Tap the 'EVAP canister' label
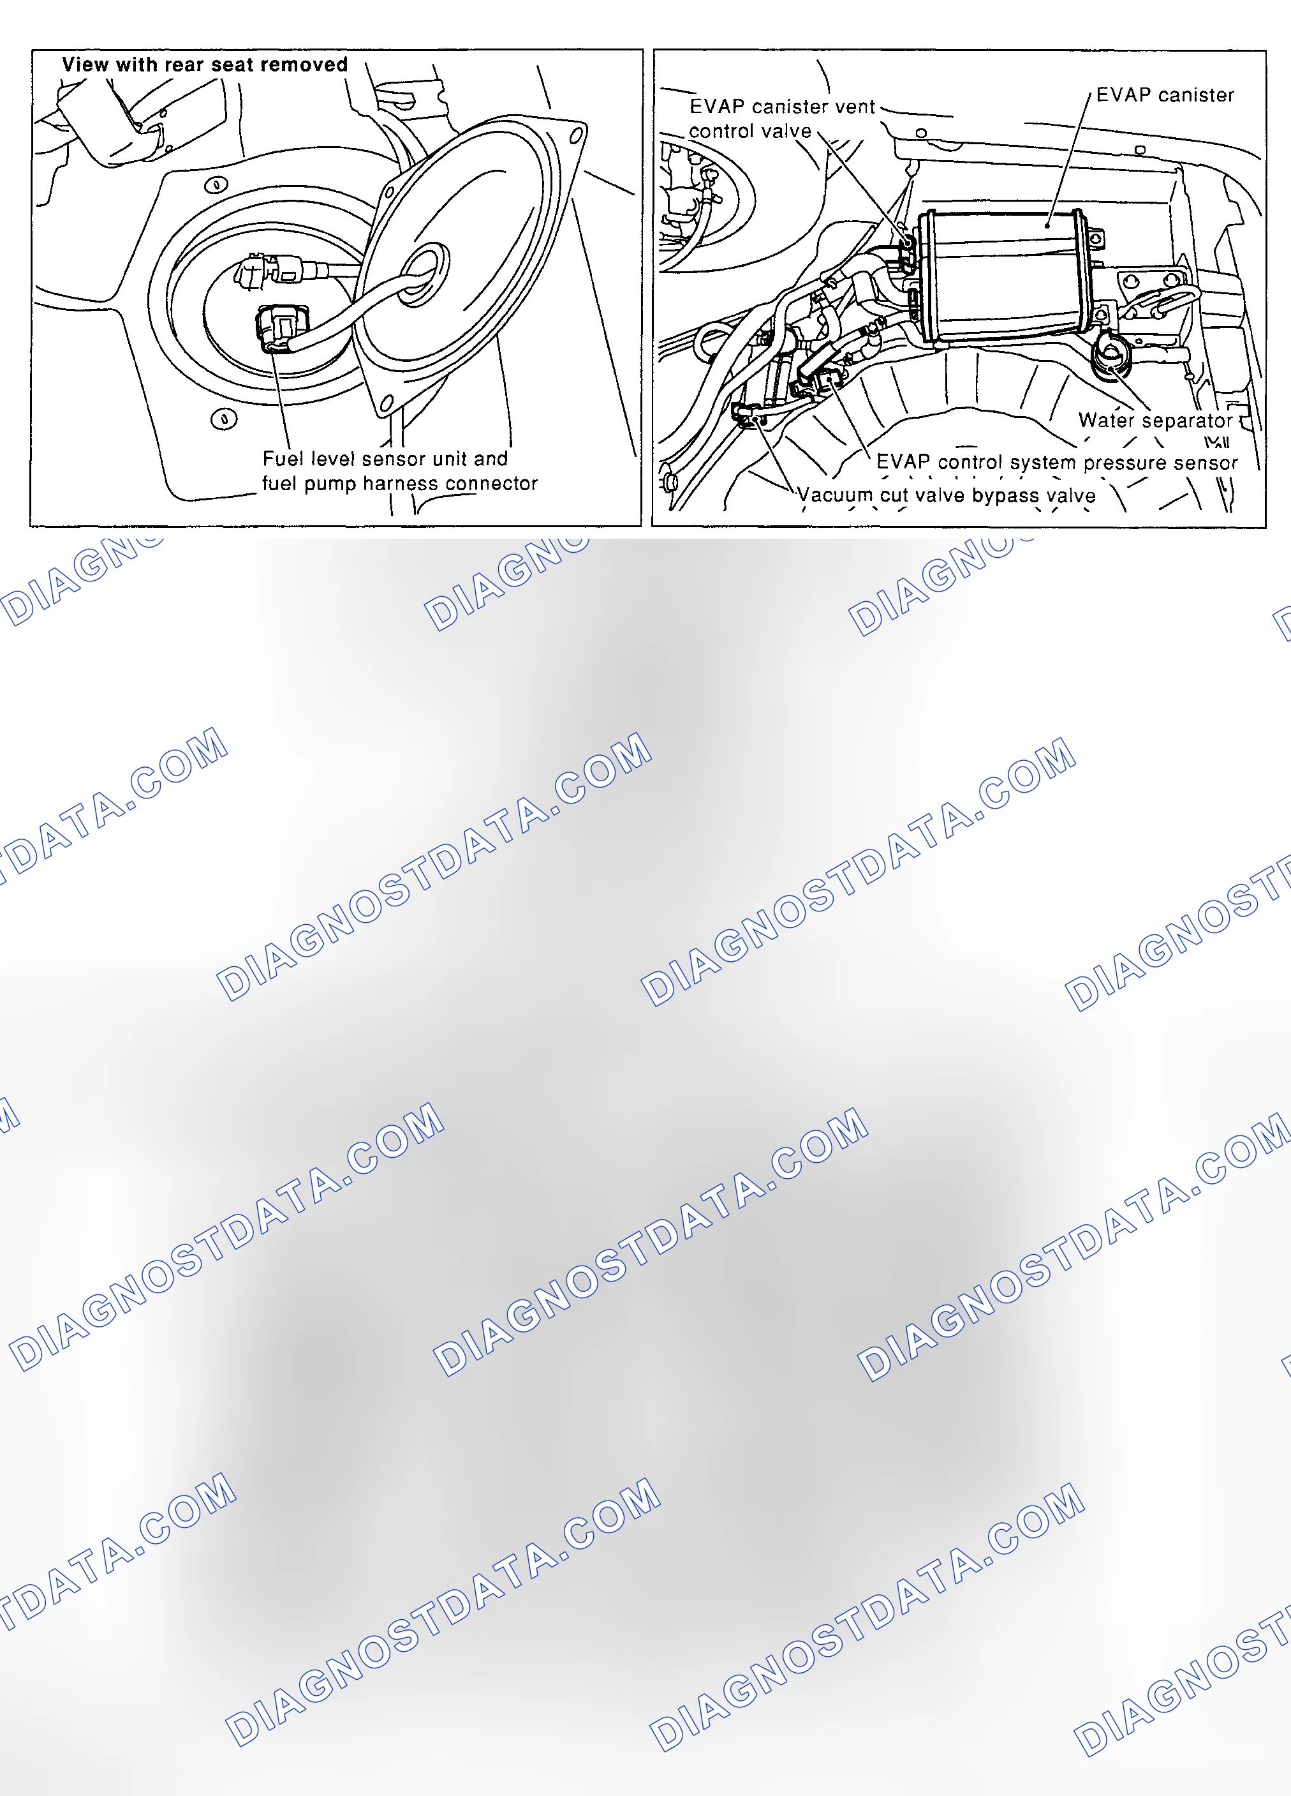click(x=1165, y=95)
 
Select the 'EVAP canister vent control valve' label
click(x=782, y=119)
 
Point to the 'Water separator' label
click(x=1155, y=421)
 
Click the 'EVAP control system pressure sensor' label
click(x=1057, y=463)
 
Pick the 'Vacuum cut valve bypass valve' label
click(x=947, y=496)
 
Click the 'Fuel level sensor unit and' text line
click(x=385, y=458)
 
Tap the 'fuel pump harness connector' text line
click(x=400, y=483)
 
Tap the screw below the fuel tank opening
click(x=224, y=418)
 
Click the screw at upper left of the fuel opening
click(x=216, y=185)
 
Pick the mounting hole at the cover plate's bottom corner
click(x=387, y=405)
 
